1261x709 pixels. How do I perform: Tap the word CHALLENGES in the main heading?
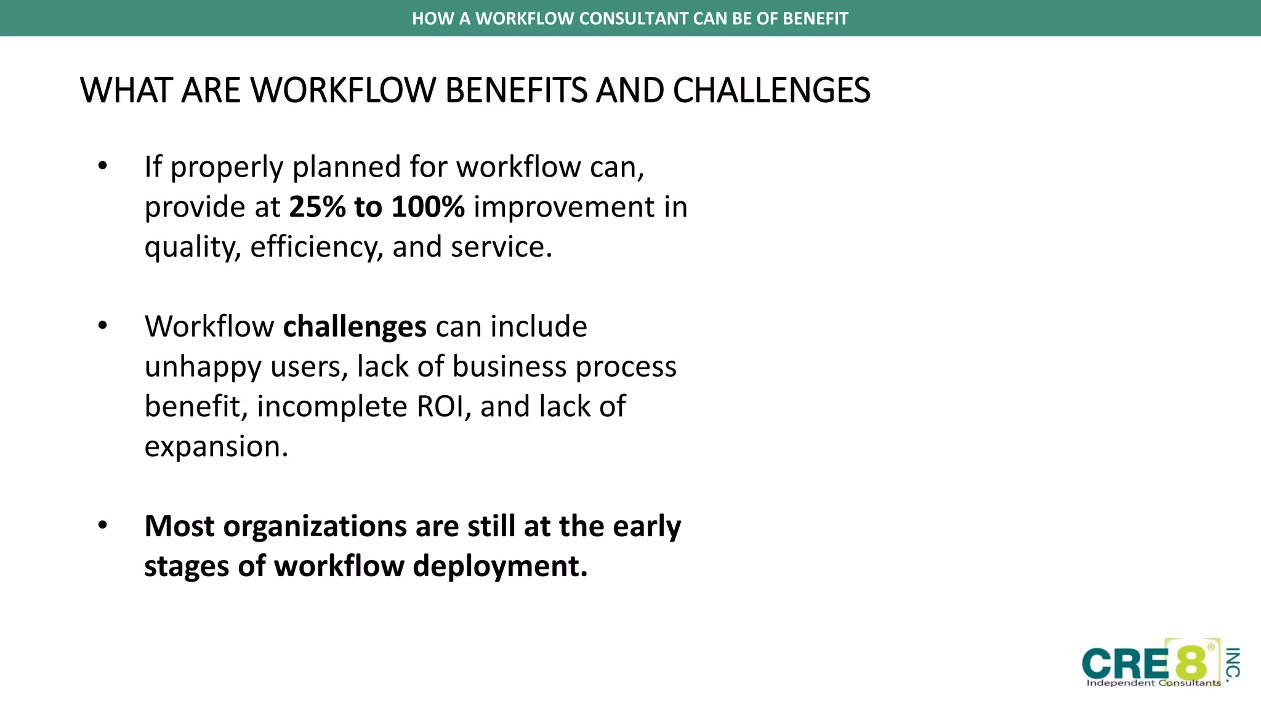pos(771,90)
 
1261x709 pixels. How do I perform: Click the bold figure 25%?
pos(317,207)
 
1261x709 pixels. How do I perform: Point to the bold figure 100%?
pos(427,207)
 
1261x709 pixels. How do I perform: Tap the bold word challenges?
pos(354,326)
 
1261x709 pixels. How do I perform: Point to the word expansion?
pos(216,447)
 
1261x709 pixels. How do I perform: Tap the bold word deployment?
pos(499,566)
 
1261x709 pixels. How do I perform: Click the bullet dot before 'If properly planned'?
pos(103,166)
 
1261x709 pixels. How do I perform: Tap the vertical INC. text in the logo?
pos(1232,665)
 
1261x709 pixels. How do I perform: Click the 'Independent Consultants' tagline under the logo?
pos(1153,683)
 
